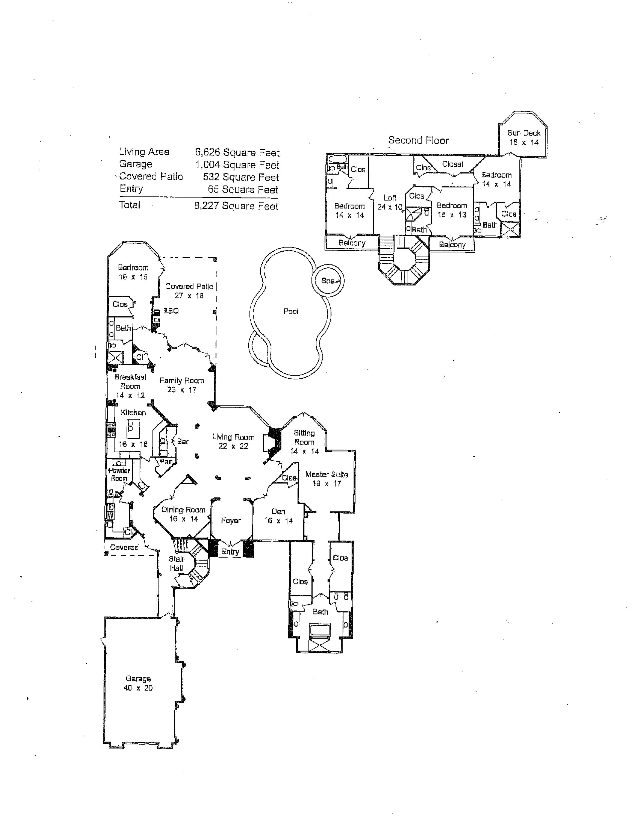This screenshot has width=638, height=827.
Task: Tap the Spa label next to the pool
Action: tap(328, 281)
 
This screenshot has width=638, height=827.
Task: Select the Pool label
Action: tap(291, 311)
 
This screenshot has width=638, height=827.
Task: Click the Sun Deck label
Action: tap(524, 137)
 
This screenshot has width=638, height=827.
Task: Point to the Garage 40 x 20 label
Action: tap(138, 683)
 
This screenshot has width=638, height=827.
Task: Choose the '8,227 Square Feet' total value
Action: tap(236, 206)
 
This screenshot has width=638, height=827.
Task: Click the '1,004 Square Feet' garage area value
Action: tap(237, 165)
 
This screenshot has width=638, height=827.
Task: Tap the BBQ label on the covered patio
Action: tap(171, 311)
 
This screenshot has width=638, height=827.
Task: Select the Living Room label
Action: tap(233, 441)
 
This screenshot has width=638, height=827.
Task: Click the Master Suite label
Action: tap(326, 479)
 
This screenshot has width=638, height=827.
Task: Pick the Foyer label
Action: tap(231, 521)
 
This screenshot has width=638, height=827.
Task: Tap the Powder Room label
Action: tap(119, 474)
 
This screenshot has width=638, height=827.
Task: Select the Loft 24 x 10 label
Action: tap(390, 202)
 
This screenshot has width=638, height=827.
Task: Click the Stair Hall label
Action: tap(176, 563)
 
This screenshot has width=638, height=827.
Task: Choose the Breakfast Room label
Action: tap(130, 386)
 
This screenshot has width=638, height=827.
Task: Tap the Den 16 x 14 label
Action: tap(278, 516)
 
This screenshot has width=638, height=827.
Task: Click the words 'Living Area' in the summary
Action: tap(144, 152)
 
